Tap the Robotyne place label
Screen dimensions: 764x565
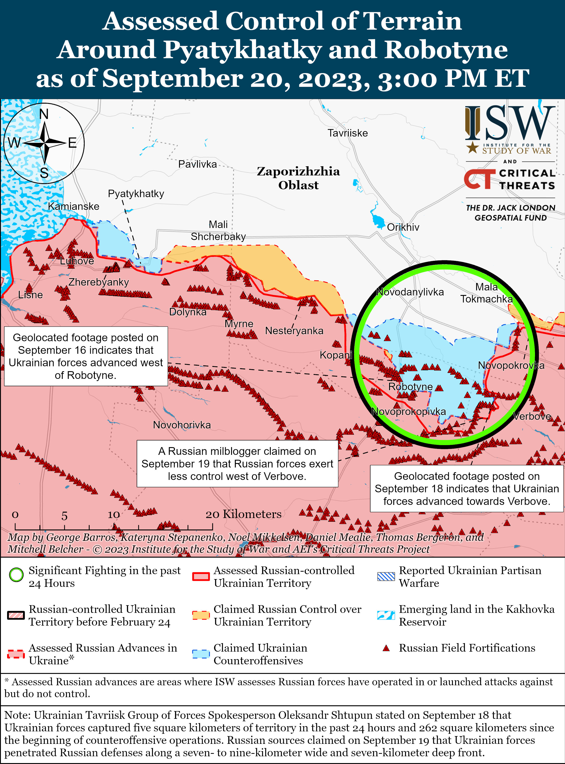[x=410, y=387]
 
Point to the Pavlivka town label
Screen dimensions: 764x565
[x=197, y=164]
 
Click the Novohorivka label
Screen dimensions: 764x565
[x=182, y=425]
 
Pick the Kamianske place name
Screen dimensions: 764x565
[x=74, y=206]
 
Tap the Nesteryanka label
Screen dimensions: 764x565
[x=294, y=331]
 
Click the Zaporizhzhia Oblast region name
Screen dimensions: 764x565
[x=298, y=178]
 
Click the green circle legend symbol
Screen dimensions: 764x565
[x=16, y=575]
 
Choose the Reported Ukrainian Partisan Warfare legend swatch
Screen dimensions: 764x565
[x=386, y=576]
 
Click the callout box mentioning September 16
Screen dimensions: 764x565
[x=86, y=356]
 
